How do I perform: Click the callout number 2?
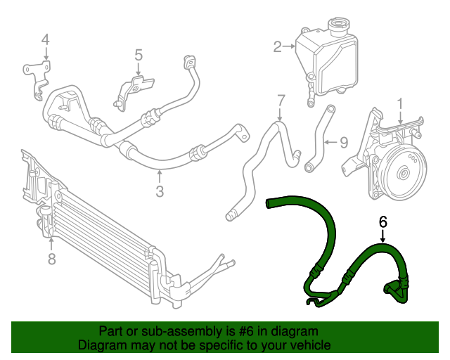(277, 47)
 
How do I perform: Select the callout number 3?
(160, 191)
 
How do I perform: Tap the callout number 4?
(45, 40)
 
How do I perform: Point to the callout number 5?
(139, 54)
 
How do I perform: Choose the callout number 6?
(383, 221)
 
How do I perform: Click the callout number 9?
(344, 143)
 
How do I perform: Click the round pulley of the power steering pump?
(404, 173)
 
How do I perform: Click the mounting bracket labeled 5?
(136, 90)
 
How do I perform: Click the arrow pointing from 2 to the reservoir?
(289, 47)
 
